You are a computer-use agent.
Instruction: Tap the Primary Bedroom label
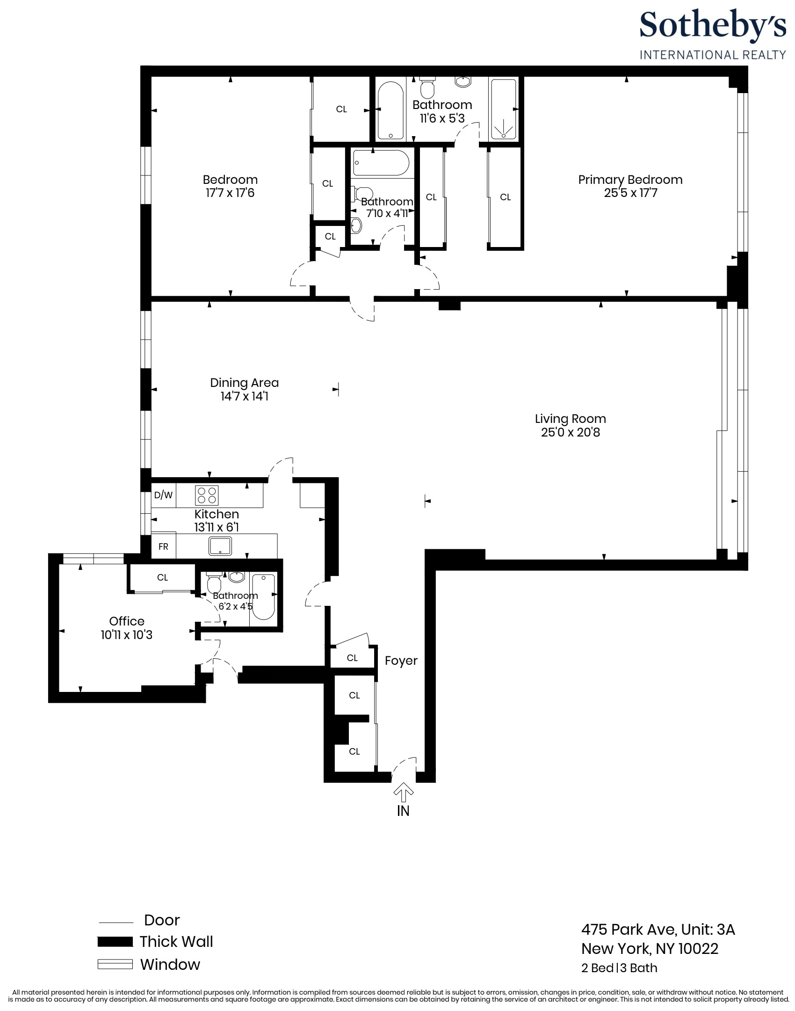tap(630, 180)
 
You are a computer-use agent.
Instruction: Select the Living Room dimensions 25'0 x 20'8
tap(570, 432)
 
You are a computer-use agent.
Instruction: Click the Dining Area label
tap(244, 383)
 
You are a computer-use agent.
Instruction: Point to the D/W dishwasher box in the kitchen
tap(163, 495)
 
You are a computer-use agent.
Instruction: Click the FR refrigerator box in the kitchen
tap(163, 546)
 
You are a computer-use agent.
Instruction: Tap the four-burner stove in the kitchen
tap(207, 495)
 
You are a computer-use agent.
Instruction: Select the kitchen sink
tap(220, 546)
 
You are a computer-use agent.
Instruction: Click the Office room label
tap(127, 621)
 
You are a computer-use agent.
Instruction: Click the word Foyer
tap(401, 661)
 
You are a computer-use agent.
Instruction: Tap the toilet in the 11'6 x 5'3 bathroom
tap(427, 87)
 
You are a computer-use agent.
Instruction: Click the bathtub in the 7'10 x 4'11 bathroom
tap(381, 163)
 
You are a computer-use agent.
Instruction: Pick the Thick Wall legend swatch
tap(115, 942)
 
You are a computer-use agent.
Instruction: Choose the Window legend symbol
tap(115, 964)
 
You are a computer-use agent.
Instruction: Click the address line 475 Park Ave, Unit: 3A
tap(658, 929)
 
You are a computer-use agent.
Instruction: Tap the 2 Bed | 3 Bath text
tap(619, 968)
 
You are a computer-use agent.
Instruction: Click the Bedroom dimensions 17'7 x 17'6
tap(230, 193)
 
